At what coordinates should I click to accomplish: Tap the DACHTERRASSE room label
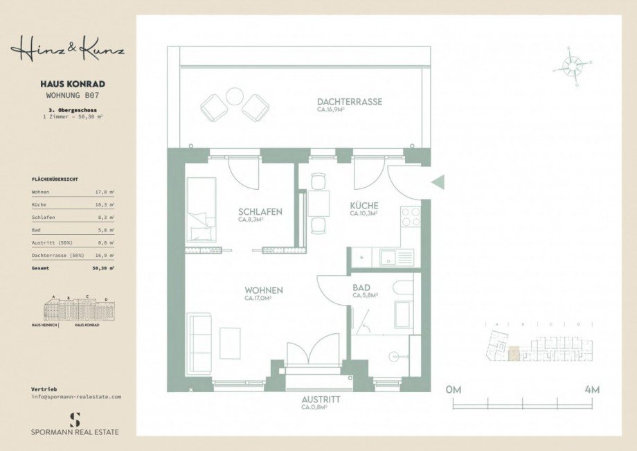[350, 102]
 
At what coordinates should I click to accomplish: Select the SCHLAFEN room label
[260, 212]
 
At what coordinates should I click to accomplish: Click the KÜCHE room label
[364, 206]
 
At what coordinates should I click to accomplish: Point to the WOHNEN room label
[263, 290]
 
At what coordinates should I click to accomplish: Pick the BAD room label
[361, 288]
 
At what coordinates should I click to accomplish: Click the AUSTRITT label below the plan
[321, 400]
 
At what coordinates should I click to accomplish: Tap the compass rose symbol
[572, 66]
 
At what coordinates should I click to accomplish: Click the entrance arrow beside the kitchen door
[438, 182]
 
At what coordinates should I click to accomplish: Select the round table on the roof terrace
[235, 96]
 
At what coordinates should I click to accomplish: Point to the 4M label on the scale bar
[592, 389]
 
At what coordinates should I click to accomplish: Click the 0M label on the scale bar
[454, 389]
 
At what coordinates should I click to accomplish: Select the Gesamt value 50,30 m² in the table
[103, 267]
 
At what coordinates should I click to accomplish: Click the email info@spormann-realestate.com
[76, 397]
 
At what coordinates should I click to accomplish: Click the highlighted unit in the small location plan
[513, 353]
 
